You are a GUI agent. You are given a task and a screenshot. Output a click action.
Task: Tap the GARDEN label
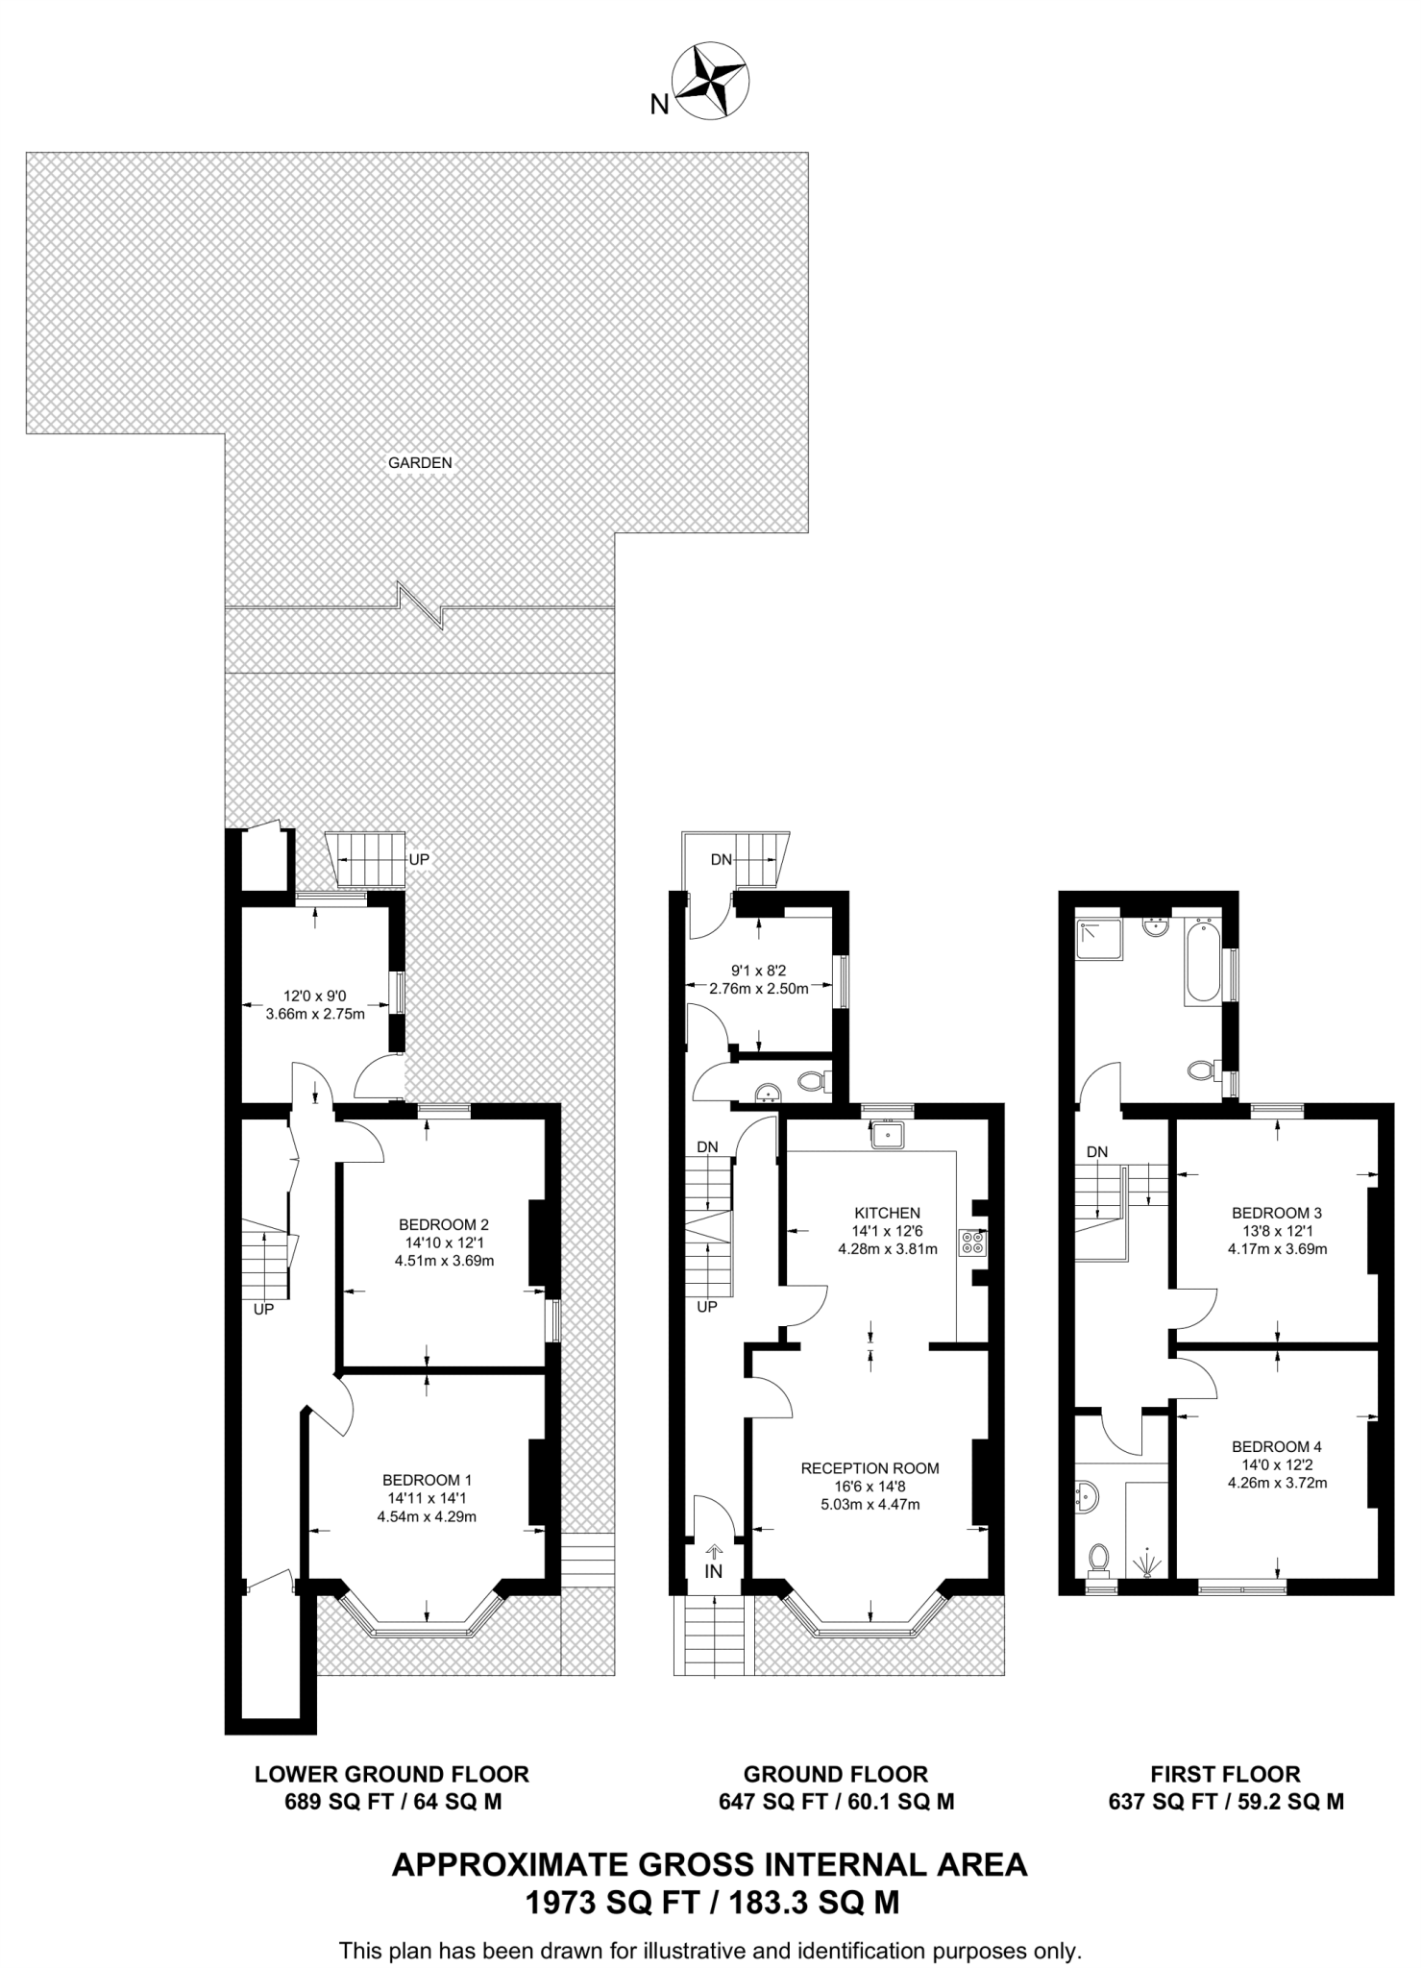[420, 462]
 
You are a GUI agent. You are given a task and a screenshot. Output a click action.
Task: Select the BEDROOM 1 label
[427, 1480]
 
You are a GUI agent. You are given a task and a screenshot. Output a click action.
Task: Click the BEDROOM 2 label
[444, 1224]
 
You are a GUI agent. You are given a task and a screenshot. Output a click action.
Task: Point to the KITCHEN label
[887, 1213]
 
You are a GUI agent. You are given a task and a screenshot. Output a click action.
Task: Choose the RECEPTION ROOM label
[870, 1468]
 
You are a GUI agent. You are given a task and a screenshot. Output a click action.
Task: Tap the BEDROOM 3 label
[1277, 1213]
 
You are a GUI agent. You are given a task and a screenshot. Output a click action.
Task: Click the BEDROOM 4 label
[1277, 1446]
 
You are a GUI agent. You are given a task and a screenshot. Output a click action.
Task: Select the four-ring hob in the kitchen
[970, 1242]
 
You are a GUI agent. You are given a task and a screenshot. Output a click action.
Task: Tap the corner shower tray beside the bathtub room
[1098, 941]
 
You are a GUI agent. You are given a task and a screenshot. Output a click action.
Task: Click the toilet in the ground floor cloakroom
[813, 1081]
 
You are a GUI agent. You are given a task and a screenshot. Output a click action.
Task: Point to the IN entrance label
[713, 1572]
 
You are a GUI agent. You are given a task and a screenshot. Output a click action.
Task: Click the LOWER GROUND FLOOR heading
[392, 1774]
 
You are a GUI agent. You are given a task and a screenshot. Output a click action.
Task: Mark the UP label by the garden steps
[419, 859]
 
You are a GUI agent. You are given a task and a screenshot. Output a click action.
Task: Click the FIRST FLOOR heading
[1225, 1774]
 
